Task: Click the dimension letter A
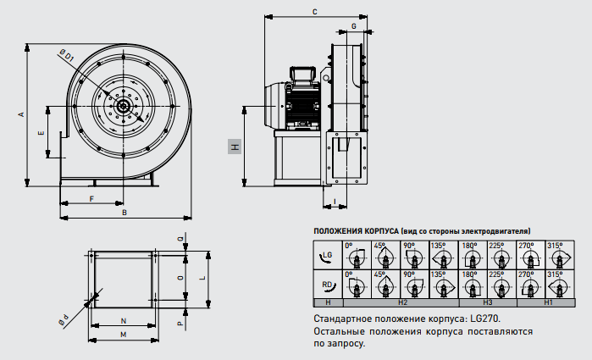click(x=21, y=113)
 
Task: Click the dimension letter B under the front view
click(x=124, y=213)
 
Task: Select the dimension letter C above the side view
click(x=314, y=12)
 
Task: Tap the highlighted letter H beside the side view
click(x=235, y=147)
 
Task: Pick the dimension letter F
click(x=91, y=198)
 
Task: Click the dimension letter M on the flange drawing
click(x=123, y=335)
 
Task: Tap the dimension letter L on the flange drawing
click(x=204, y=277)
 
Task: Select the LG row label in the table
click(x=327, y=255)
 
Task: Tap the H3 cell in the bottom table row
click(x=488, y=302)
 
